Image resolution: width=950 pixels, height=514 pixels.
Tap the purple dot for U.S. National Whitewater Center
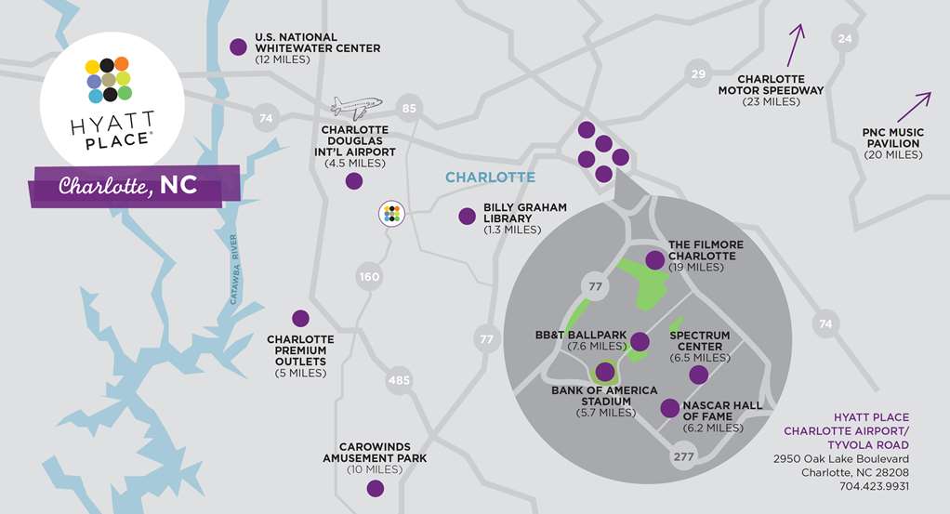click(x=238, y=45)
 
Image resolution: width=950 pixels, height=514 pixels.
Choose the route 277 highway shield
click(x=683, y=455)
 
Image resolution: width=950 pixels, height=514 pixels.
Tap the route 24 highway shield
click(x=844, y=38)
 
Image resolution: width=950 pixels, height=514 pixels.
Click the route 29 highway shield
click(x=698, y=73)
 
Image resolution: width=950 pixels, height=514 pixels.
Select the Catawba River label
click(x=235, y=269)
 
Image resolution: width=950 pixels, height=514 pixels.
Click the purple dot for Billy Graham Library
click(x=467, y=217)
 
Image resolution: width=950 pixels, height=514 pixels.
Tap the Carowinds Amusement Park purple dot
click(x=375, y=488)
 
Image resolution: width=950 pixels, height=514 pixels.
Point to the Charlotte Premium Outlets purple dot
click(x=299, y=318)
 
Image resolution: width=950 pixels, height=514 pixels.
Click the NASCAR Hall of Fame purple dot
click(x=668, y=407)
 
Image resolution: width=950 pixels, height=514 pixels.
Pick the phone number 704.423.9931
click(x=872, y=486)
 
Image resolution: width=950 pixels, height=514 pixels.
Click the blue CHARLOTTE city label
click(x=490, y=177)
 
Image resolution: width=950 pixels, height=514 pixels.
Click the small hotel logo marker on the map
click(x=391, y=213)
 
